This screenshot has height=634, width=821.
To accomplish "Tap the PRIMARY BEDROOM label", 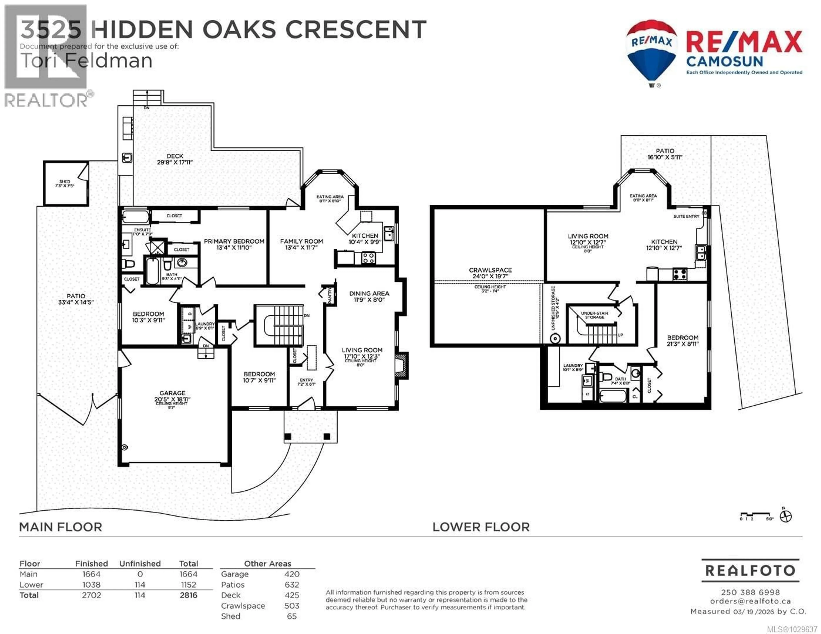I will click(x=234, y=241).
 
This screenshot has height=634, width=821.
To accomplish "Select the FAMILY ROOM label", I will click(x=301, y=241).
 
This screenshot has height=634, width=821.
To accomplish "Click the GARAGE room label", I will click(x=172, y=393).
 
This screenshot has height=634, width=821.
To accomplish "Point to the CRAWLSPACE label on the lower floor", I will click(x=490, y=270).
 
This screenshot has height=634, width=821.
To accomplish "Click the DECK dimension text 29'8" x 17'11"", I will click(x=175, y=162).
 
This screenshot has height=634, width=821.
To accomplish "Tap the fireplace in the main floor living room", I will click(x=402, y=365).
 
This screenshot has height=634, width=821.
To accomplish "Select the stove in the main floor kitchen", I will click(x=368, y=258).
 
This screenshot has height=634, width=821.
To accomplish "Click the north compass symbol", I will click(x=786, y=517).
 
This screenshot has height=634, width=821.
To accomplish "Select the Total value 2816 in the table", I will click(x=188, y=595).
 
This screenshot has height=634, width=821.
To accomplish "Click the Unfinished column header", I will click(x=140, y=563).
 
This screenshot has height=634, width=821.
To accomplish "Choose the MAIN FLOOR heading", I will click(x=61, y=527).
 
